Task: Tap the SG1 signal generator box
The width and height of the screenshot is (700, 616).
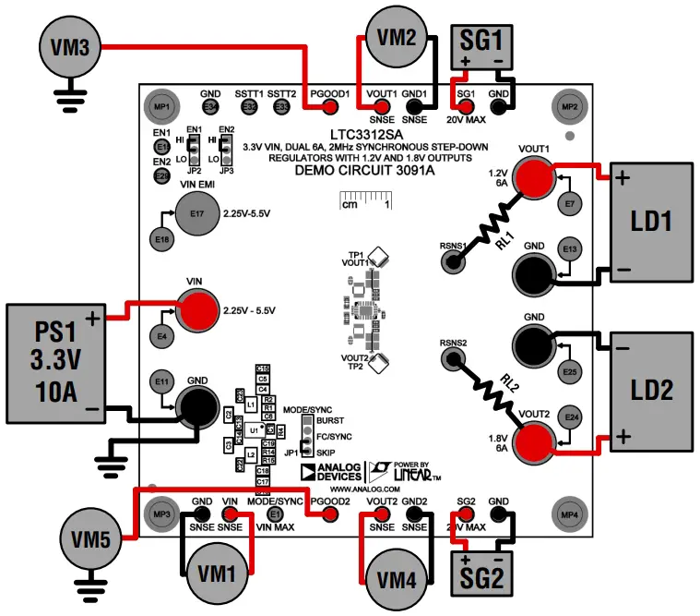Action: [481, 44]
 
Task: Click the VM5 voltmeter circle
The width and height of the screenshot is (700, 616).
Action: [93, 537]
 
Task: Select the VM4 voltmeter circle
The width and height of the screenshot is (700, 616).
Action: [397, 579]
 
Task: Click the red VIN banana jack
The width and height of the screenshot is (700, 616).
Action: [194, 310]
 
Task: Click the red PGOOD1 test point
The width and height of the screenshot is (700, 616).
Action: [329, 108]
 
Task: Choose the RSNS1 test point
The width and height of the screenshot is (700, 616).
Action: [453, 262]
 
